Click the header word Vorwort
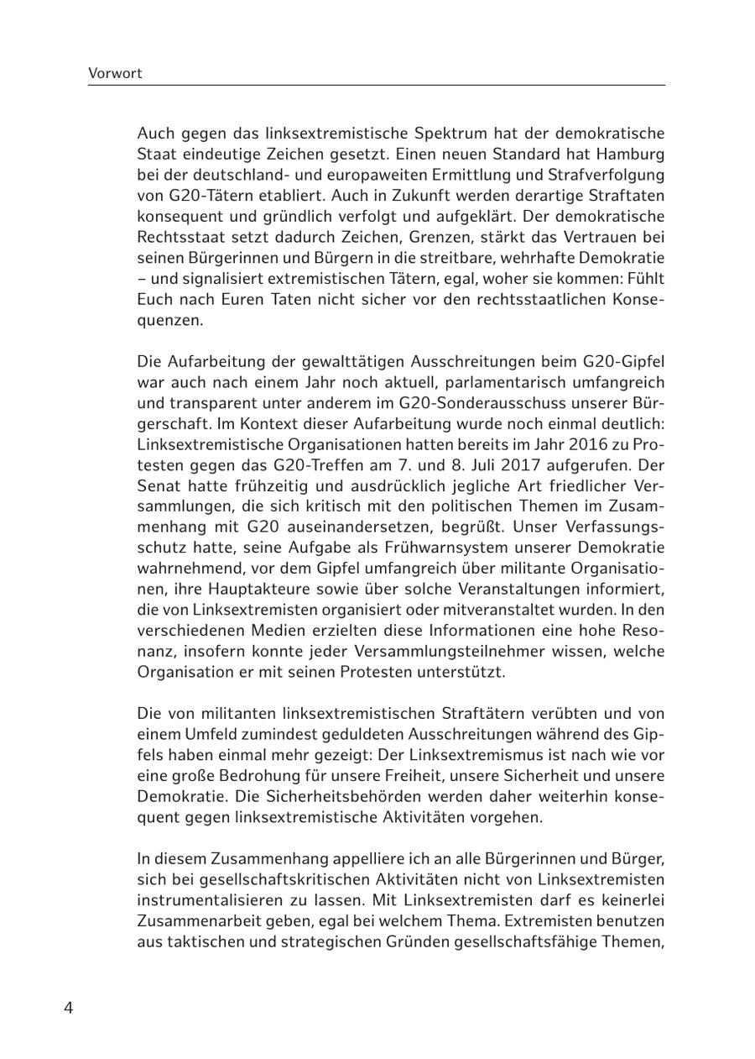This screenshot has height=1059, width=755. [x=115, y=73]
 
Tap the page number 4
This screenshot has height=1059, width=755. [x=69, y=1008]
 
